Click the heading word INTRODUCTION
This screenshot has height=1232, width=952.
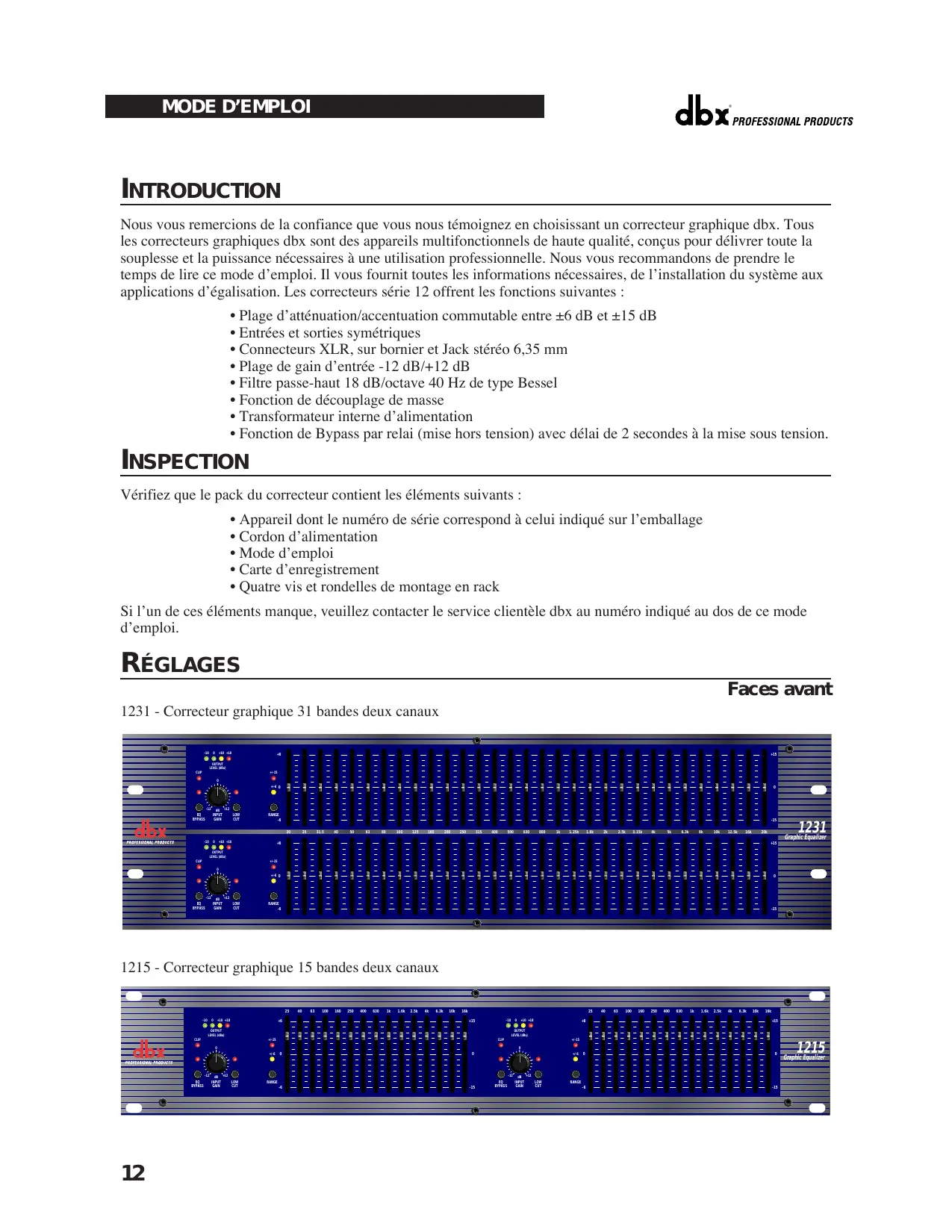[201, 190]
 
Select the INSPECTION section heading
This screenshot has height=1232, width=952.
[185, 461]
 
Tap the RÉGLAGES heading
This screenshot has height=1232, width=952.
[181, 663]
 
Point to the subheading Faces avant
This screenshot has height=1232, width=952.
[780, 689]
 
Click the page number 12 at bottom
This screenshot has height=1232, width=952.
[133, 1173]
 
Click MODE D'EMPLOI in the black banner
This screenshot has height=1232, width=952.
[236, 107]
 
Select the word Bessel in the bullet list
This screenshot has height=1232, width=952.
[537, 383]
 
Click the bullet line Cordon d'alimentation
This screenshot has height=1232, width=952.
[308, 536]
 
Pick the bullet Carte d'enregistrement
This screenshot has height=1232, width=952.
[308, 570]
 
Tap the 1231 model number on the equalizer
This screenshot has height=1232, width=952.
[812, 827]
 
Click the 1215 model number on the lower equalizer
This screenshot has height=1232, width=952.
[810, 1048]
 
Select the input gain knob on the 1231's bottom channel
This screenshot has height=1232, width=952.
[217, 885]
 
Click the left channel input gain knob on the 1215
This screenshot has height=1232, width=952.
[216, 1062]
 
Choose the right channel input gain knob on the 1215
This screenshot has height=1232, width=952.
[519, 1062]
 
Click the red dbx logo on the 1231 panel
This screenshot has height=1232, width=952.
[150, 830]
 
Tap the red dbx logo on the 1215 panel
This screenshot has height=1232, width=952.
[149, 1051]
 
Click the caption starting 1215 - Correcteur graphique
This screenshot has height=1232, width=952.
[279, 968]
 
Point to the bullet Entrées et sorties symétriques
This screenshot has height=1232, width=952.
[329, 333]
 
